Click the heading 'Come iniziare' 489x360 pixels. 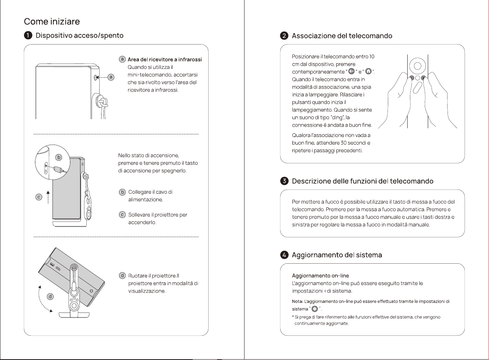[52, 21]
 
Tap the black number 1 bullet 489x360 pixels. [28, 35]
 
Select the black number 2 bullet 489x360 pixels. [284, 36]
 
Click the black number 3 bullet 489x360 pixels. [284, 181]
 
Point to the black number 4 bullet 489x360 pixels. [284, 255]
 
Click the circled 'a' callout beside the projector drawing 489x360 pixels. [111, 77]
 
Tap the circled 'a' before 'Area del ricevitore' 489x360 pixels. [122, 59]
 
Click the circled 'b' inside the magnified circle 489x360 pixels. [59, 157]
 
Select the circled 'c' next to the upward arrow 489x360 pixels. [39, 197]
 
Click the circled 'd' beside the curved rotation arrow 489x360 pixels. [50, 296]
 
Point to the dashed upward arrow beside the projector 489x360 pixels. [48, 197]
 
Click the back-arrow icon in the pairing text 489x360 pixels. [351, 71]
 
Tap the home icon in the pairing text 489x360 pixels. [368, 71]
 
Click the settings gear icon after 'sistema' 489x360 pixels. [314, 309]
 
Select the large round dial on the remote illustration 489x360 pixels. [418, 66]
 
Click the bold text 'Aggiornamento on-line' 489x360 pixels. [321, 276]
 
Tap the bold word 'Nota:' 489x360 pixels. [298, 301]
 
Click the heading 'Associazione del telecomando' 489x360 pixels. [342, 36]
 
